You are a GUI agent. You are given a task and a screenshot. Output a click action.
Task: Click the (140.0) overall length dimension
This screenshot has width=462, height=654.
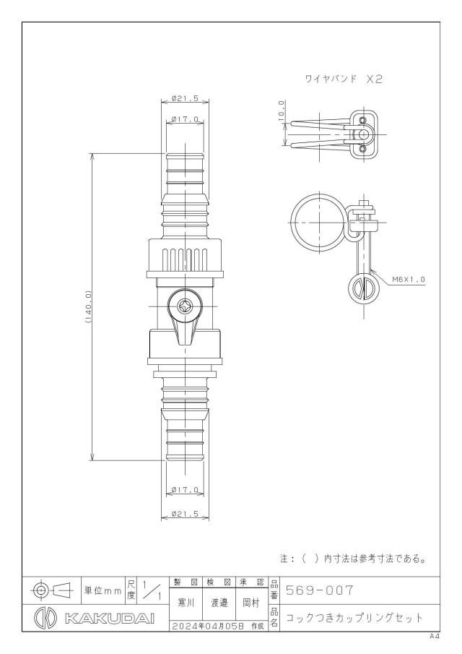tap(88, 307)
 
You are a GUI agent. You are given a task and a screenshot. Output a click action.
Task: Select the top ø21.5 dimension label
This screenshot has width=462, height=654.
tap(185, 99)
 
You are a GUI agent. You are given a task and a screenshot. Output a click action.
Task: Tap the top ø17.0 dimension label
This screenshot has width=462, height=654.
tap(185, 119)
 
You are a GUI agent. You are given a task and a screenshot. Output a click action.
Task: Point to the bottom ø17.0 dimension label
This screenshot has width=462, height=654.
tap(185, 490)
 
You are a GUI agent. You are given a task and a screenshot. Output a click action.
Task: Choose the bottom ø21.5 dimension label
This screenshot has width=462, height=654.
tap(185, 515)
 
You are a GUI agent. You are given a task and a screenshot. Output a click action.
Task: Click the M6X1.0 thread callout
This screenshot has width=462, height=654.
tap(409, 280)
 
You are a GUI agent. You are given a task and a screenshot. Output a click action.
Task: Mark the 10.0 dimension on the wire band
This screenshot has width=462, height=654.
tap(282, 111)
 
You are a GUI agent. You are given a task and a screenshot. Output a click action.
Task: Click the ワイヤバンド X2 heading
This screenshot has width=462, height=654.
tap(344, 79)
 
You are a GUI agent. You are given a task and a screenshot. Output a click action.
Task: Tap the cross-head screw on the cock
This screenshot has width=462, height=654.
tap(185, 306)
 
